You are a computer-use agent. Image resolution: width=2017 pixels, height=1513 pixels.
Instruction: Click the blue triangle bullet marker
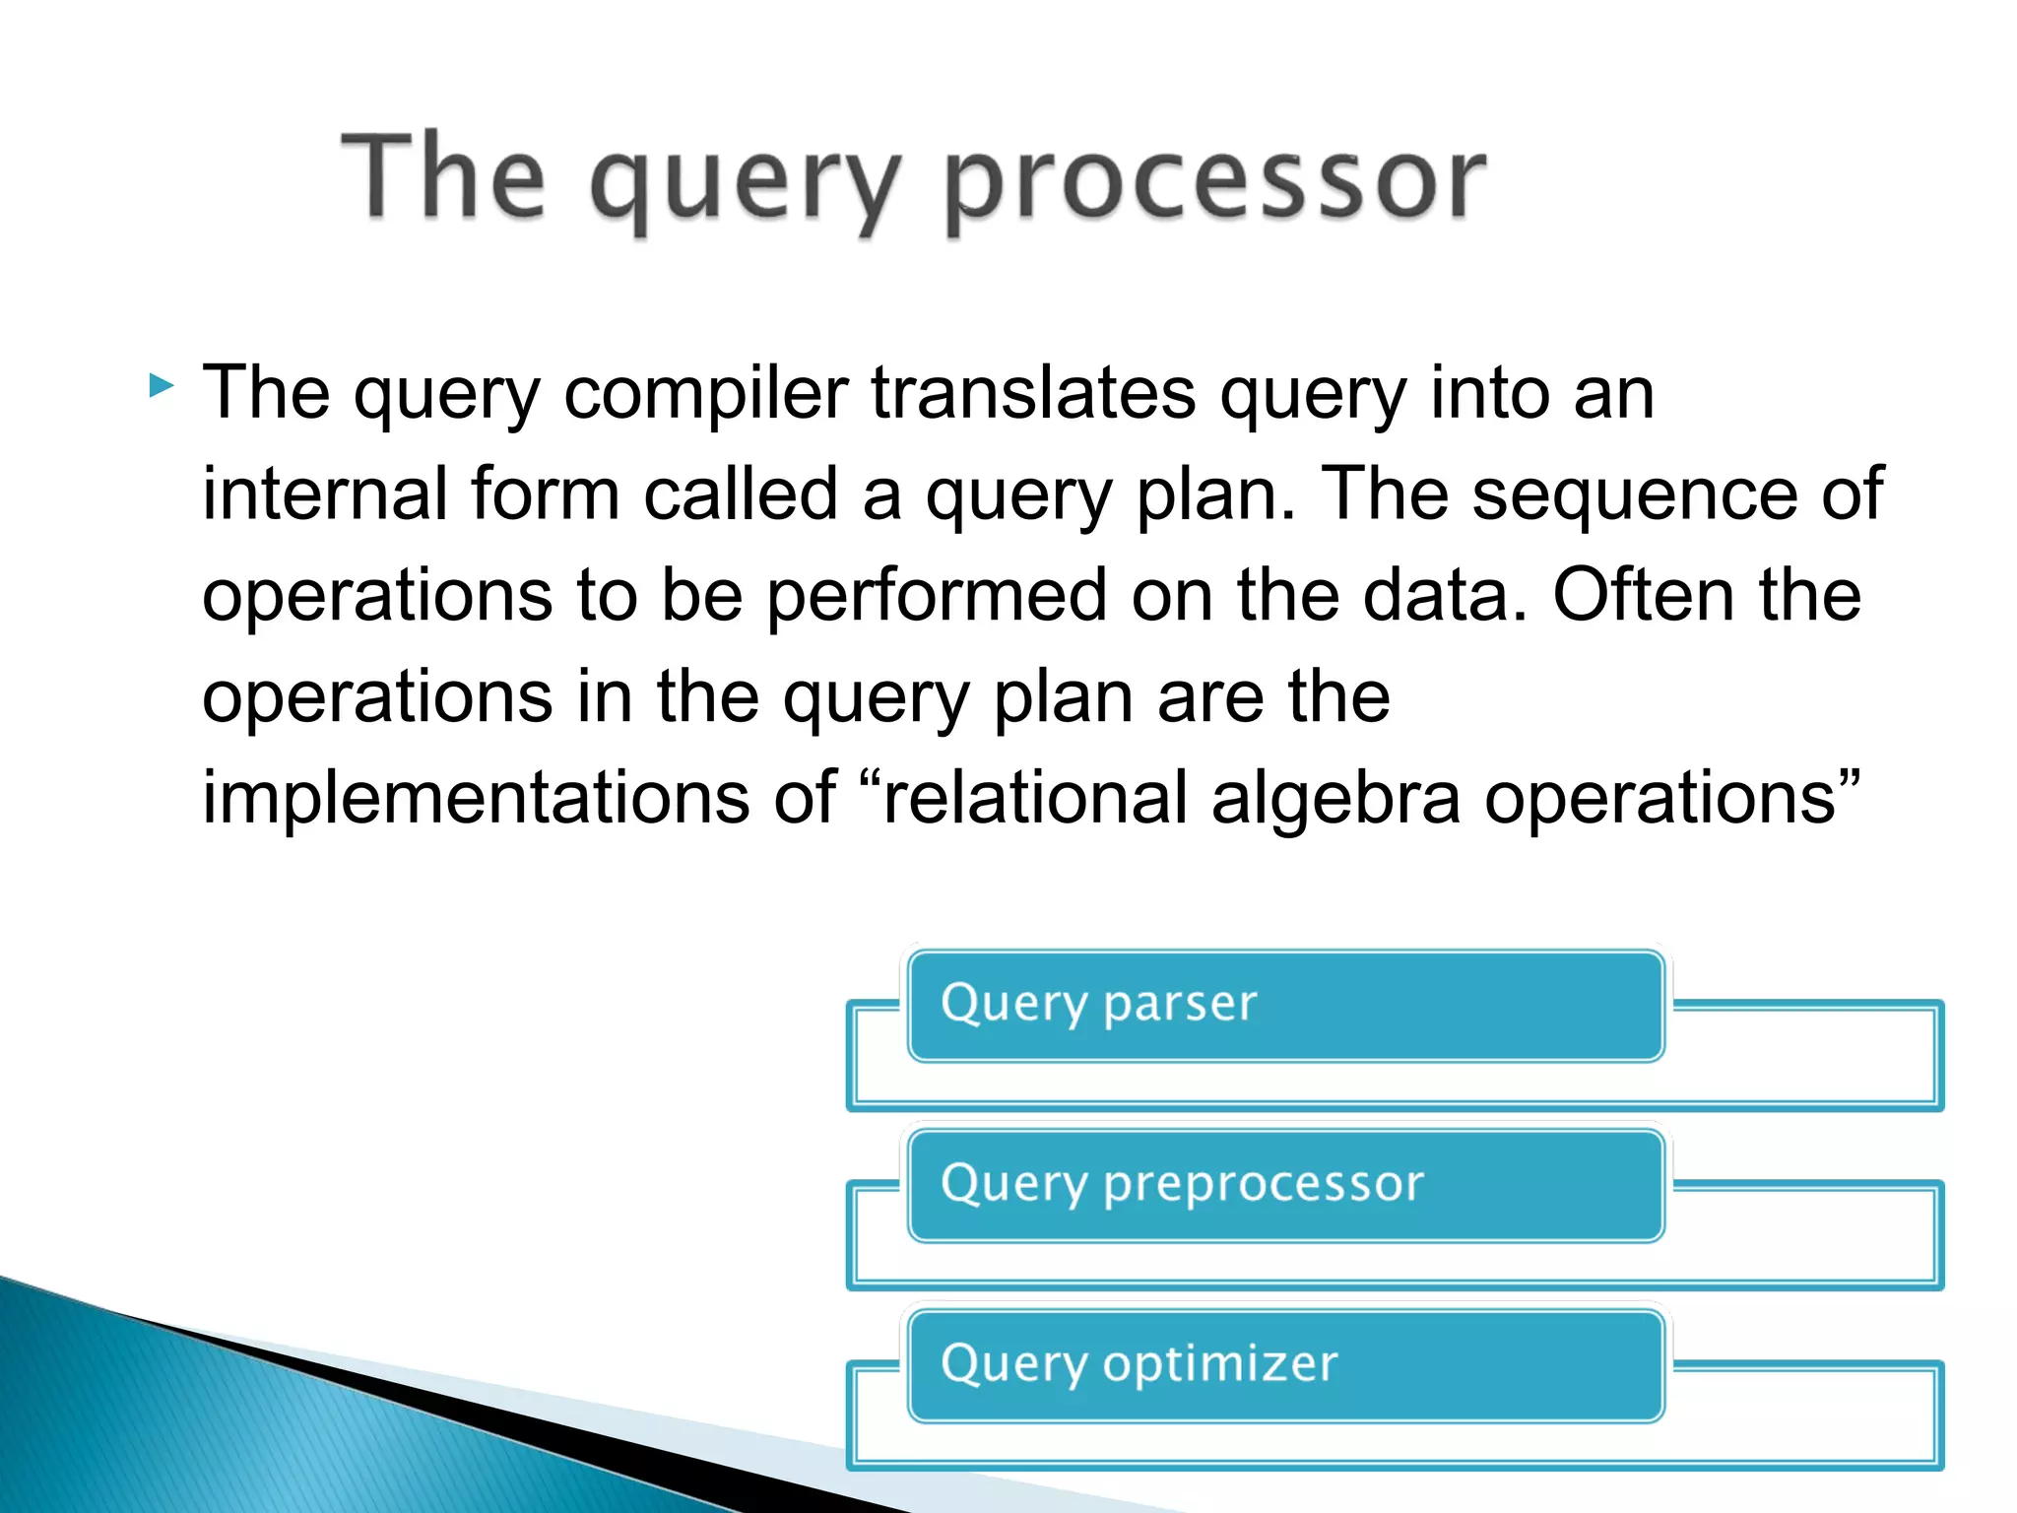[161, 385]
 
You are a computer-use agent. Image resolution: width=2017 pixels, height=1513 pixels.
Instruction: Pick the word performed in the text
[937, 597]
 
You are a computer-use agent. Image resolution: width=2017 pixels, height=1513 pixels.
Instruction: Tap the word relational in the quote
[1034, 798]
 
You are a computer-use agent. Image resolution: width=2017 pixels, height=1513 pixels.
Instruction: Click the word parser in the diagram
[1180, 1005]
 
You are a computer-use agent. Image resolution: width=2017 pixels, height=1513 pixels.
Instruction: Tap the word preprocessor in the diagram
[1263, 1185]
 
